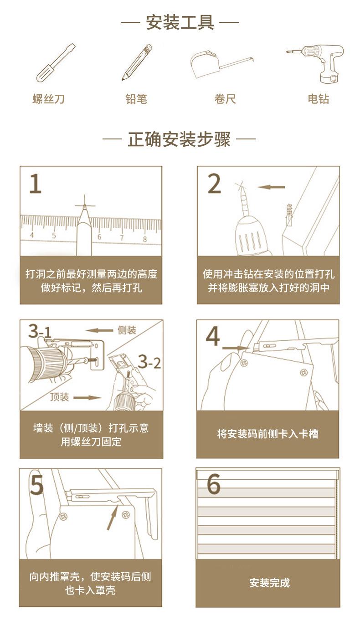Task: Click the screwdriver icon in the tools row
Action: [55, 63]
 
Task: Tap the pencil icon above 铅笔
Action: [137, 62]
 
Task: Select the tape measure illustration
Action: [222, 65]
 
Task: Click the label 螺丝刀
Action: [48, 99]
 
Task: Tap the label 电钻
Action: [319, 99]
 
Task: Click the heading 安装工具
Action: [180, 22]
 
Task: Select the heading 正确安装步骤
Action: [179, 139]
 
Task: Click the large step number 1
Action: [36, 184]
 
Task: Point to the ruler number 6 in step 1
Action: [99, 236]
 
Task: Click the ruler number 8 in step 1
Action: [144, 239]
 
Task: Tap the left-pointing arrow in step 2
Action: [272, 187]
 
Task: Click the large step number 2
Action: [214, 184]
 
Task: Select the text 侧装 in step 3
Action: [127, 330]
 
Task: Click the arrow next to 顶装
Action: [87, 397]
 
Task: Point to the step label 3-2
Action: [149, 362]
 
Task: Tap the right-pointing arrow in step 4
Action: [234, 348]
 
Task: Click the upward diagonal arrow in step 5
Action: [112, 520]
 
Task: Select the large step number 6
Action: [214, 484]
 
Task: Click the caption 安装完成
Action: [270, 583]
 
